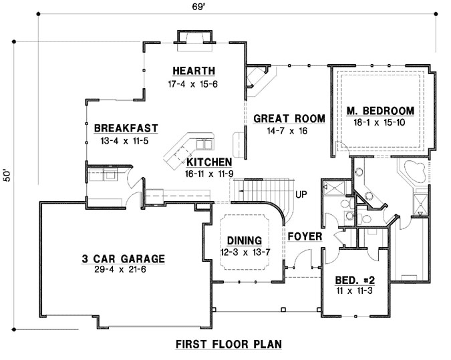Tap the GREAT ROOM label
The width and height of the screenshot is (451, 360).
coord(289,119)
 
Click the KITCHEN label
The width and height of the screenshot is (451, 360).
coord(209,162)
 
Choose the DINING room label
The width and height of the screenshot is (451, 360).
coord(243,240)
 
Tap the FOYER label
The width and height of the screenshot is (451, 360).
coord(305,236)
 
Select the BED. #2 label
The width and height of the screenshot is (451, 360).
coord(351,281)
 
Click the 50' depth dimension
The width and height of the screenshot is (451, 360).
coord(7,174)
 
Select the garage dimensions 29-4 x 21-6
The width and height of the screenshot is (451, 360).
coord(125,271)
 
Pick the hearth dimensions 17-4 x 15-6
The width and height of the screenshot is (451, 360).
coord(194,83)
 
